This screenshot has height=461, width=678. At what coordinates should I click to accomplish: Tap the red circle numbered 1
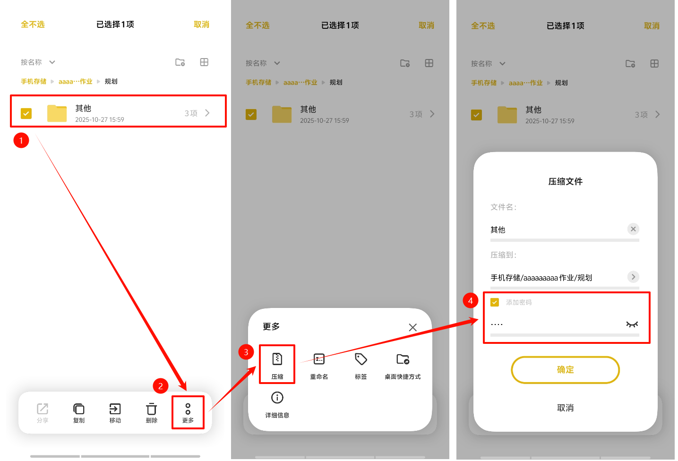[21, 140]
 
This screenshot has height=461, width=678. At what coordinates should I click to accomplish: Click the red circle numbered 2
[161, 386]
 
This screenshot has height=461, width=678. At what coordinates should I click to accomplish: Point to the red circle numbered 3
[246, 352]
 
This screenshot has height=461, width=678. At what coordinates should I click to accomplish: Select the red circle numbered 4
[471, 300]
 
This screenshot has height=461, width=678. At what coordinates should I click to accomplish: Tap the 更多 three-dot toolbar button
[188, 412]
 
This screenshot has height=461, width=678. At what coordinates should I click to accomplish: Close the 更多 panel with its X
[412, 327]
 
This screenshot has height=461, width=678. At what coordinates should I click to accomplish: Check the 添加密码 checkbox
[495, 302]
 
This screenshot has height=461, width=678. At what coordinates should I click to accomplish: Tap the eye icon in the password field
[632, 324]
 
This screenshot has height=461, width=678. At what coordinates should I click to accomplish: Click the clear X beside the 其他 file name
[633, 229]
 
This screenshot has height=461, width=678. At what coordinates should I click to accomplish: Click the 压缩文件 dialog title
[566, 181]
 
